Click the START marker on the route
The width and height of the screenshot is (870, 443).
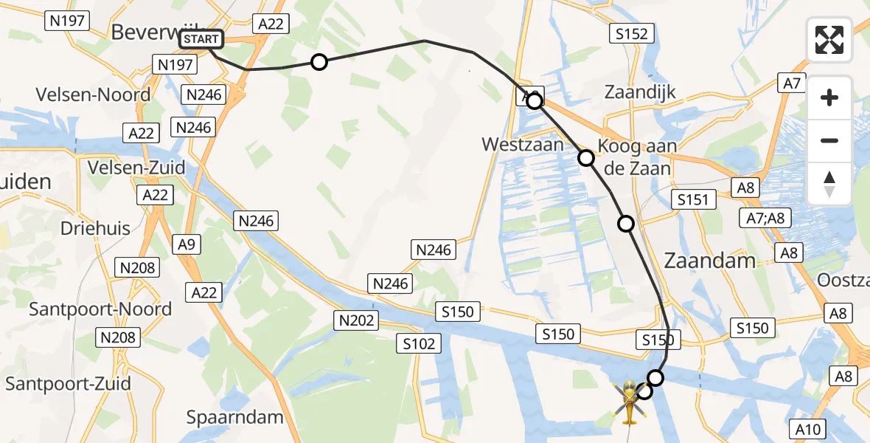pos(201,39)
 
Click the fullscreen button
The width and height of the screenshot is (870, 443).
pos(829,40)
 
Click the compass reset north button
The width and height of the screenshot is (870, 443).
pos(829,184)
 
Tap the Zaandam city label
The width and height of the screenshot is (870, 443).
pos(710,260)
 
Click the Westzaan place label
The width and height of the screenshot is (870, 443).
pos(522,144)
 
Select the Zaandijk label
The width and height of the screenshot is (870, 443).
pos(640,92)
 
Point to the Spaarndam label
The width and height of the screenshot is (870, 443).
pos(234,417)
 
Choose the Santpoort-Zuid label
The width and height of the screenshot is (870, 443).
pos(68,384)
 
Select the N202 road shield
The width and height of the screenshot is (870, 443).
pos(357,320)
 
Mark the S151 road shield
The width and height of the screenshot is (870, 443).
pos(695,199)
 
